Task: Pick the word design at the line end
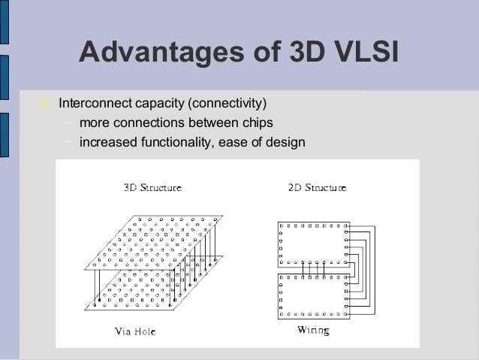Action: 286,141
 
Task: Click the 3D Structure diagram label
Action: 152,188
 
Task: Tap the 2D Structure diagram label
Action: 317,188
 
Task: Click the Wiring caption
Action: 313,331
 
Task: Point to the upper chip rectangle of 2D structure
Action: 313,244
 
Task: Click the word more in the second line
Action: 93,122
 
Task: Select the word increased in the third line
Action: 105,141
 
